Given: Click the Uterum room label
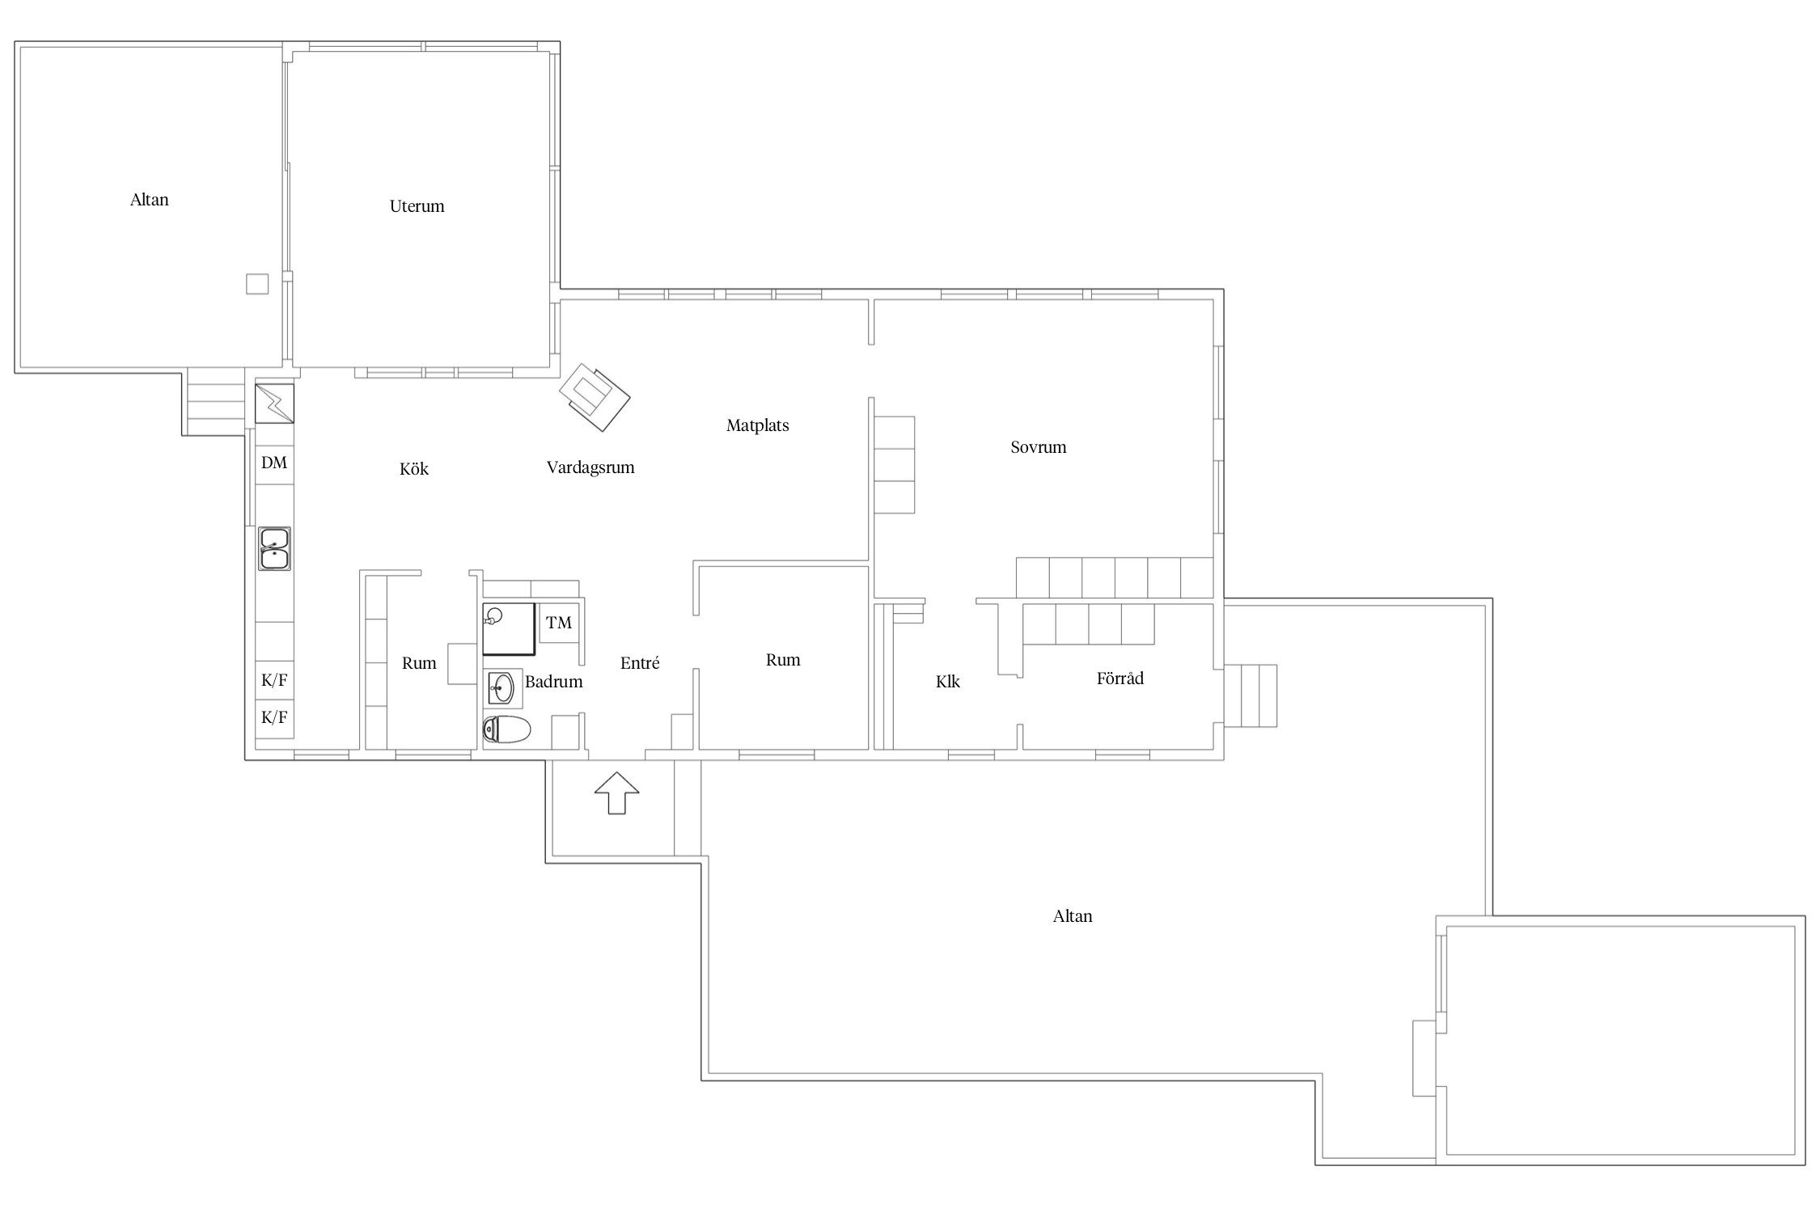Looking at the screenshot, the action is (417, 206).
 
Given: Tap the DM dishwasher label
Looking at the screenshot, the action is (274, 463).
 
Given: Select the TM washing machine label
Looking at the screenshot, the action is (559, 623).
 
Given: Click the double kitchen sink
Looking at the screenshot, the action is (275, 548).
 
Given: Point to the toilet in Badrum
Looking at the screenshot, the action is (506, 730).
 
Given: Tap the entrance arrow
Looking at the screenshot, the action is (617, 792).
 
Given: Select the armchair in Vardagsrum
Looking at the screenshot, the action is (595, 397).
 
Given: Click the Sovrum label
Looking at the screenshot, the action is (1039, 447).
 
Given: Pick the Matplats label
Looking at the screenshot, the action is (757, 425).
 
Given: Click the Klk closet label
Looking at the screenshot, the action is (948, 682).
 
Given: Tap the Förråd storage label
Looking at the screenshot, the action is (1120, 678).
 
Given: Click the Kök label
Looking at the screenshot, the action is (414, 469).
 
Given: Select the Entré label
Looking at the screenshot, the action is (640, 663).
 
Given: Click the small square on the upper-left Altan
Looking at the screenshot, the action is (257, 284).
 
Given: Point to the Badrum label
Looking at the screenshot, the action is (554, 682).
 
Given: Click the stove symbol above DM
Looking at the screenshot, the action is (275, 403).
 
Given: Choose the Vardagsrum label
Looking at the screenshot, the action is (590, 467).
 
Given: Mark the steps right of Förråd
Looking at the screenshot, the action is (1251, 695).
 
